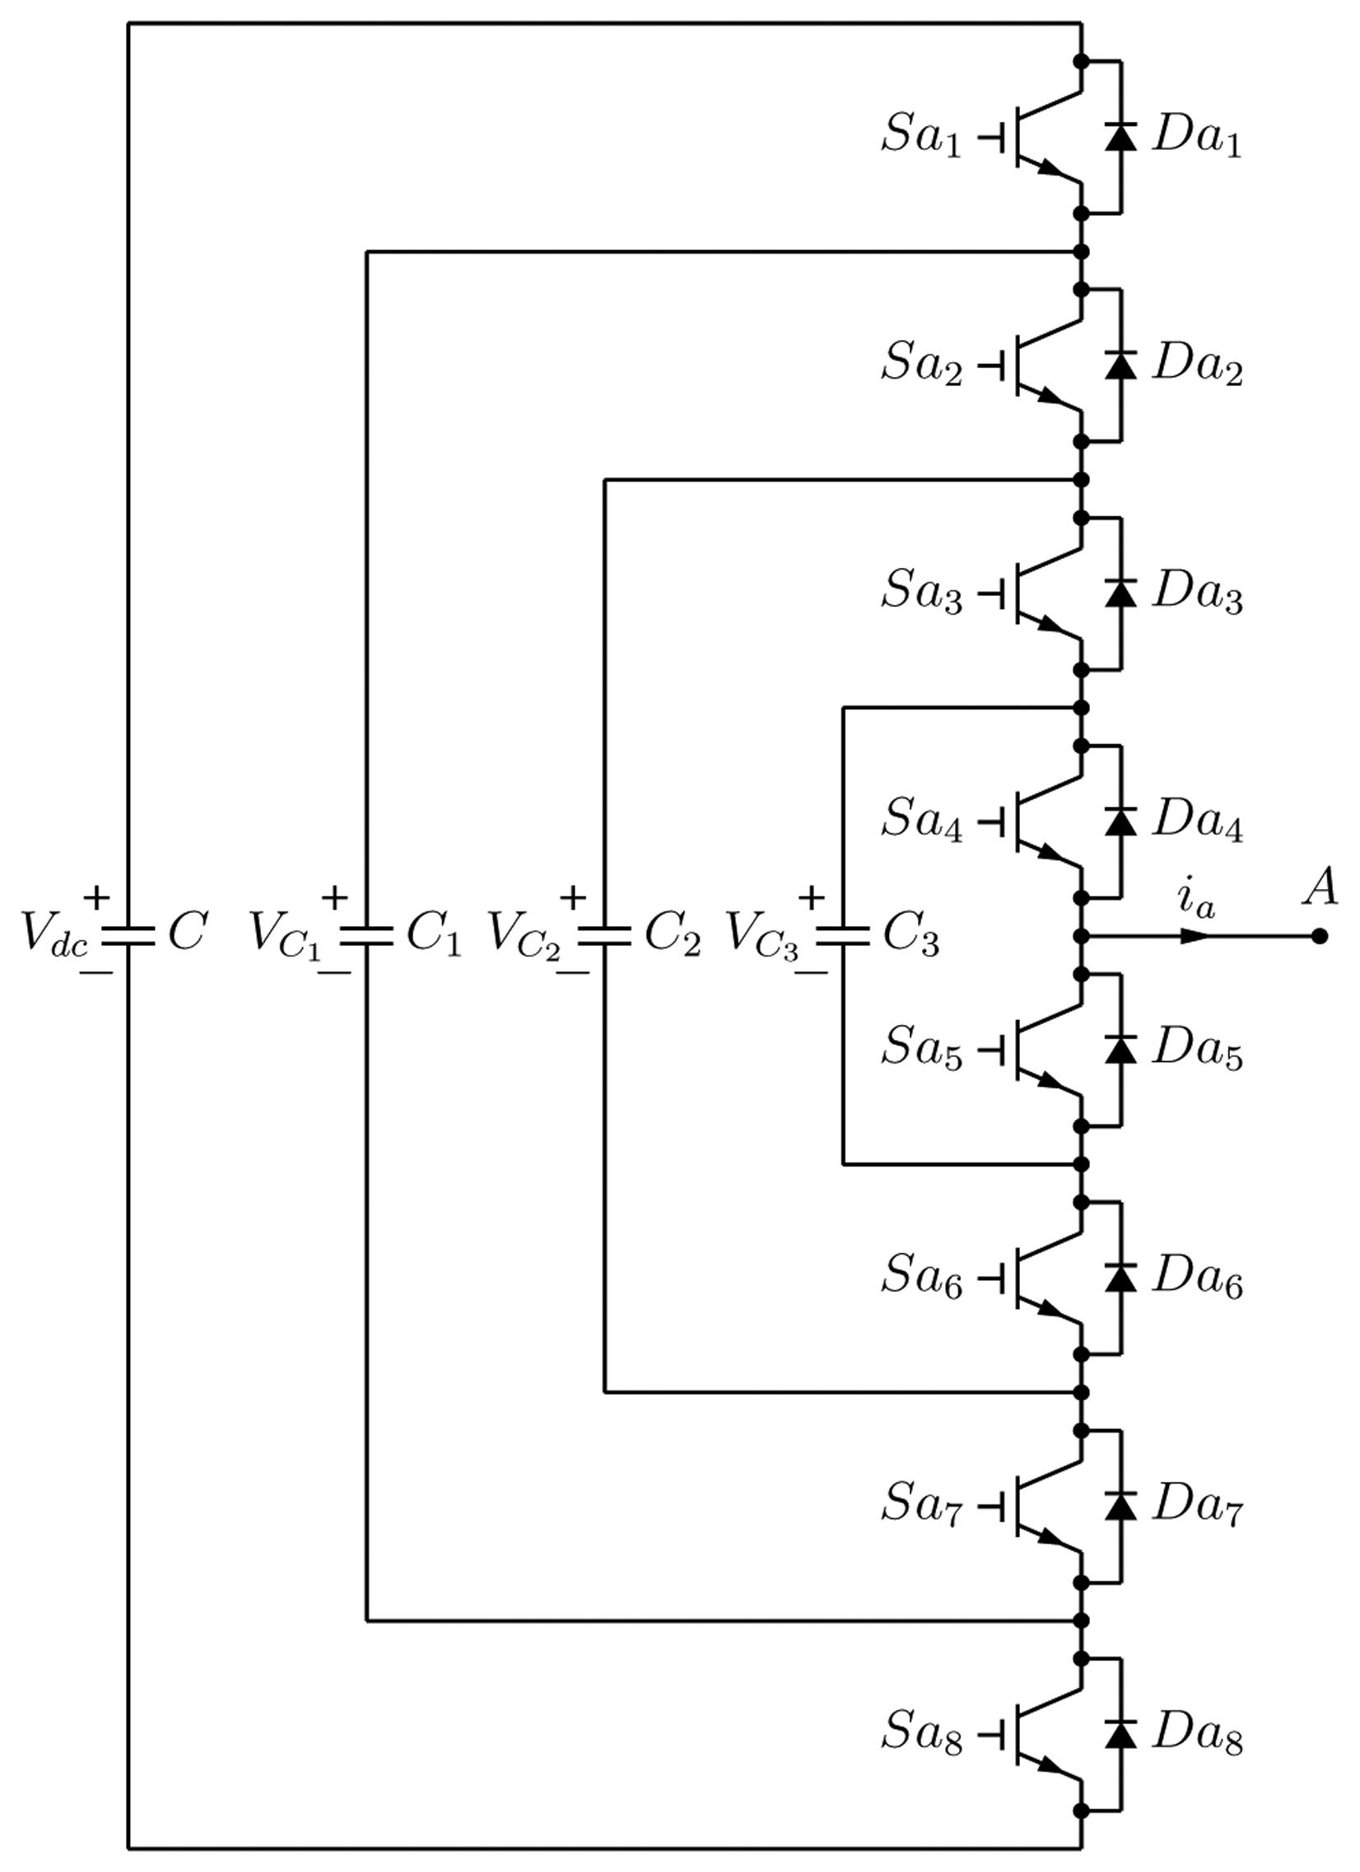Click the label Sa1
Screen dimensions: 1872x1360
point(921,137)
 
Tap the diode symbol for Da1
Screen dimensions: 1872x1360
point(1120,137)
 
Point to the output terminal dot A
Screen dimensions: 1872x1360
point(1320,936)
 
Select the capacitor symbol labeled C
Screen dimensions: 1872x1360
point(128,935)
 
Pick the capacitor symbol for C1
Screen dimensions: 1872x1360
point(367,935)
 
